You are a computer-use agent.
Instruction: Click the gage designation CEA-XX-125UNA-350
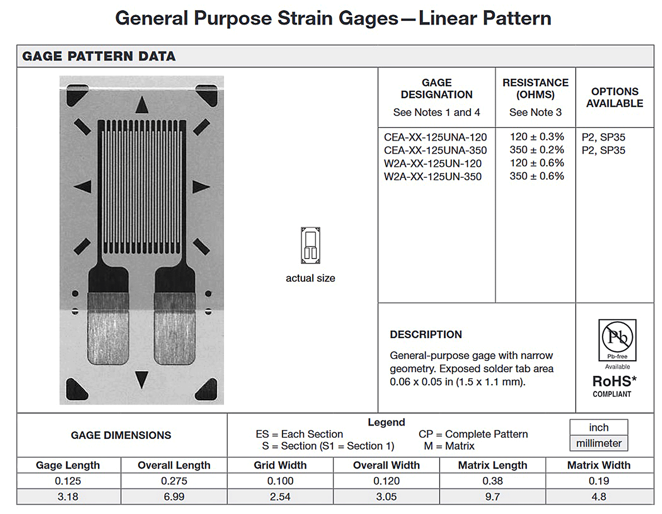pos(435,150)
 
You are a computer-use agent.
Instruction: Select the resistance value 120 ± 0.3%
pos(536,137)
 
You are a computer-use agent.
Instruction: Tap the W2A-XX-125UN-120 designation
pos(432,163)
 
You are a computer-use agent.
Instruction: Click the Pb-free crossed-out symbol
pos(617,337)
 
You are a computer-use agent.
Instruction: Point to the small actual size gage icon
pos(310,245)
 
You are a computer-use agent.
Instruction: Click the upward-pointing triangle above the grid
pos(142,105)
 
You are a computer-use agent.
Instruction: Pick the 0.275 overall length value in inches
pos(174,481)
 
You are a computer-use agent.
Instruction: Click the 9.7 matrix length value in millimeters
pos(492,497)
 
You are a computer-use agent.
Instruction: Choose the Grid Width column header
pos(280,465)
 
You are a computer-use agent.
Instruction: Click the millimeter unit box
pos(599,443)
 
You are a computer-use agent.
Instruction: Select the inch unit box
pos(599,427)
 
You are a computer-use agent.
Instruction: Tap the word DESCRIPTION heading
pos(426,334)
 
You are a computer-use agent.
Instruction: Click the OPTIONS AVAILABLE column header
pos(614,97)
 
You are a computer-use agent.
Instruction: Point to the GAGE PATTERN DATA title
pos(99,56)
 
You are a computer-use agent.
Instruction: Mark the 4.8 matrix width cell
pos(599,497)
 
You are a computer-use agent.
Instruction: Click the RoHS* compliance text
pos(614,381)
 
